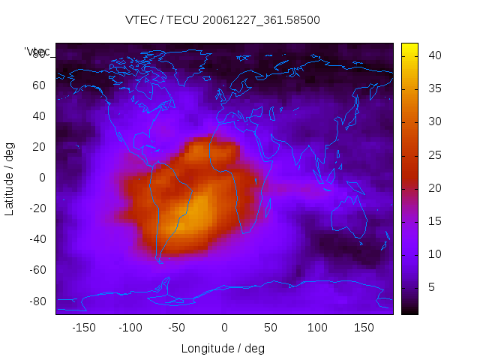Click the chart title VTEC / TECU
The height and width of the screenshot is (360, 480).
point(223,20)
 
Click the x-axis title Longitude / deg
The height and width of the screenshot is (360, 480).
point(223,348)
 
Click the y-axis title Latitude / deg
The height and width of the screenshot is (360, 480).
point(10,178)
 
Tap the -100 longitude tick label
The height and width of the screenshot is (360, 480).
point(130,328)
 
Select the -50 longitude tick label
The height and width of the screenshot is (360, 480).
point(177,328)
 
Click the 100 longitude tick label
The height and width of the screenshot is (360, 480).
point(317,328)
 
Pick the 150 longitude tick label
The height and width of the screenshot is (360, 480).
point(364,328)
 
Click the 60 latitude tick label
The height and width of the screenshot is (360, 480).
point(39,85)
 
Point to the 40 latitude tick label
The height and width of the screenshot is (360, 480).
point(39,116)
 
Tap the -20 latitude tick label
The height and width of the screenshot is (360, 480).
point(37,208)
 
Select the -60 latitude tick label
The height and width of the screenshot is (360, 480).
point(37,270)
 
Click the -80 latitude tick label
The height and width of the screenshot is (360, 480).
point(37,301)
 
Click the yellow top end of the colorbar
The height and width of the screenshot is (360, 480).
point(409,48)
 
